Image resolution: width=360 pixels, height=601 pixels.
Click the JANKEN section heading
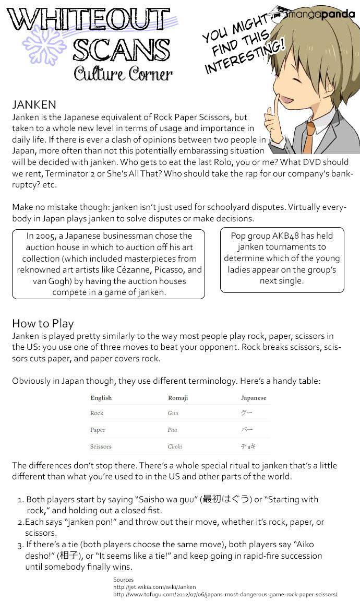coord(34,105)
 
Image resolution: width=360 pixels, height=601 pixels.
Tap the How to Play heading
coord(43,323)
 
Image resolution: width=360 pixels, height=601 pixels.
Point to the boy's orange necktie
coord(310,136)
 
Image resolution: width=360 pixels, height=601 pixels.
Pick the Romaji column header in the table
coord(177,398)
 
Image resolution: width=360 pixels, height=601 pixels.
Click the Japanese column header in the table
coord(253,398)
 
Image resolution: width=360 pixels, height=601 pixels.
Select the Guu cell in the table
coord(173,413)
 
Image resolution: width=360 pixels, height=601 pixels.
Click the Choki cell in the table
coord(175,447)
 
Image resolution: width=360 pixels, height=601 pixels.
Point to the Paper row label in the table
coord(98,430)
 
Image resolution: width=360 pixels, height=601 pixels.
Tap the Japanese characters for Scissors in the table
coord(248,447)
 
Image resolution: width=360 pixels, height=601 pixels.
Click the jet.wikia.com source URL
coord(154,587)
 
